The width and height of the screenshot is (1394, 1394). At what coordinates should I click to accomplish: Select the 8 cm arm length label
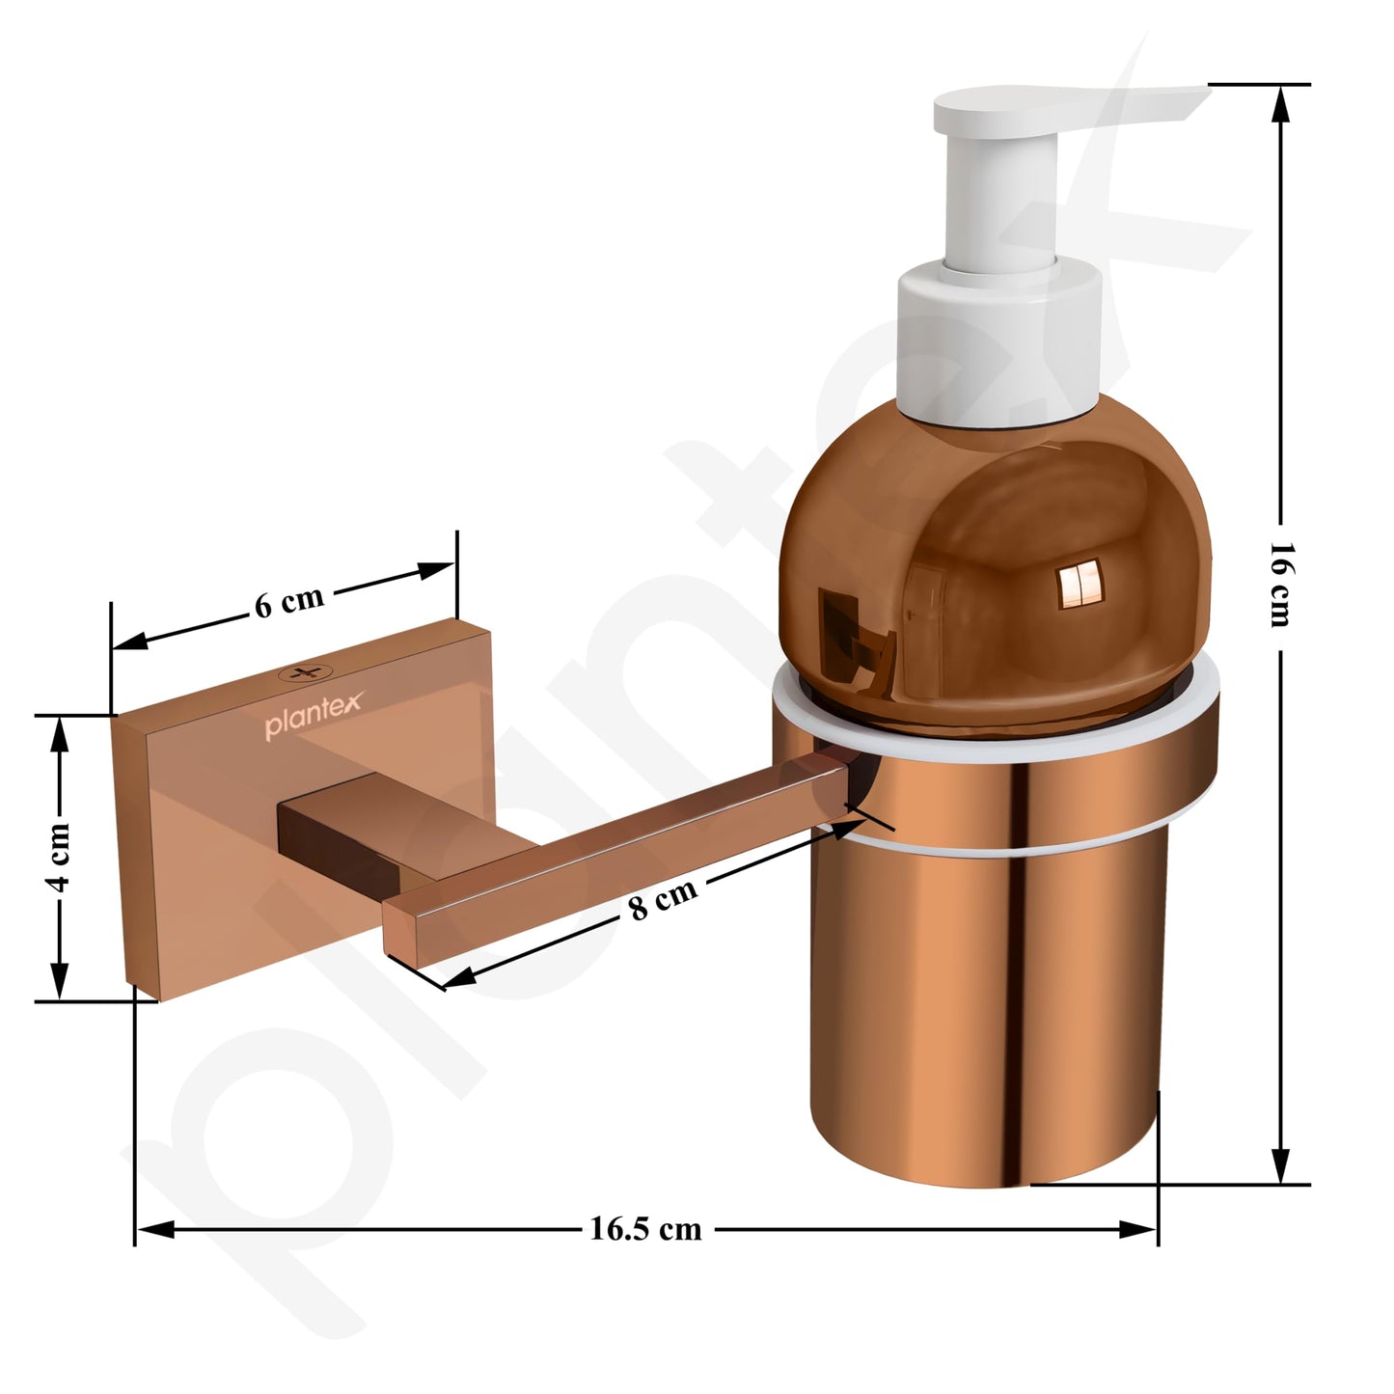[663, 900]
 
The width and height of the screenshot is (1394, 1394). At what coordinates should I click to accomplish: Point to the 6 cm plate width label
[288, 602]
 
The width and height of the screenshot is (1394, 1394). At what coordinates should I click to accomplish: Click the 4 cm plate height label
[61, 858]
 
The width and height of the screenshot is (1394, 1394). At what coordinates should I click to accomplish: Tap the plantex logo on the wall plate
[314, 715]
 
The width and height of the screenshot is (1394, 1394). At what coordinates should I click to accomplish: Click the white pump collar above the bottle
[998, 345]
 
